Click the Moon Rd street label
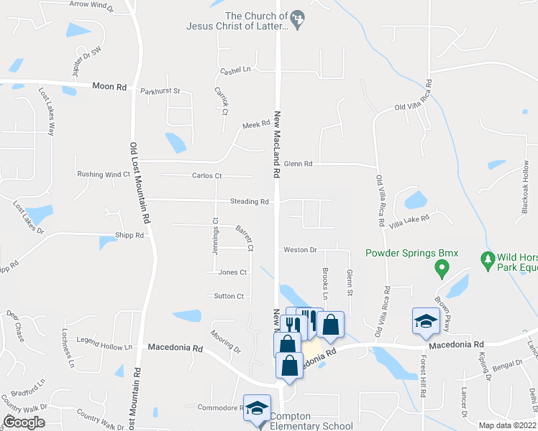[x=109, y=87]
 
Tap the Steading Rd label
[x=249, y=202]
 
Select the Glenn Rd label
[x=298, y=164]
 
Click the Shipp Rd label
[x=129, y=235]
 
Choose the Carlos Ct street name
[x=207, y=175]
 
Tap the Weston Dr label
[x=300, y=249]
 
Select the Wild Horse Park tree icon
[x=487, y=258]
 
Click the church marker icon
[x=301, y=16]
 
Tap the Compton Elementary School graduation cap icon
[x=256, y=409]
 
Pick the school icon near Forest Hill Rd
[x=425, y=320]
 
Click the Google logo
[x=24, y=422]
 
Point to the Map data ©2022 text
[x=507, y=425]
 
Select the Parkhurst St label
[x=160, y=92]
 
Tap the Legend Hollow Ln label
[x=107, y=347]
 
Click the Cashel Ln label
[x=236, y=70]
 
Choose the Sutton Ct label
[x=229, y=296]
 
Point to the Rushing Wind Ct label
[x=104, y=175]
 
